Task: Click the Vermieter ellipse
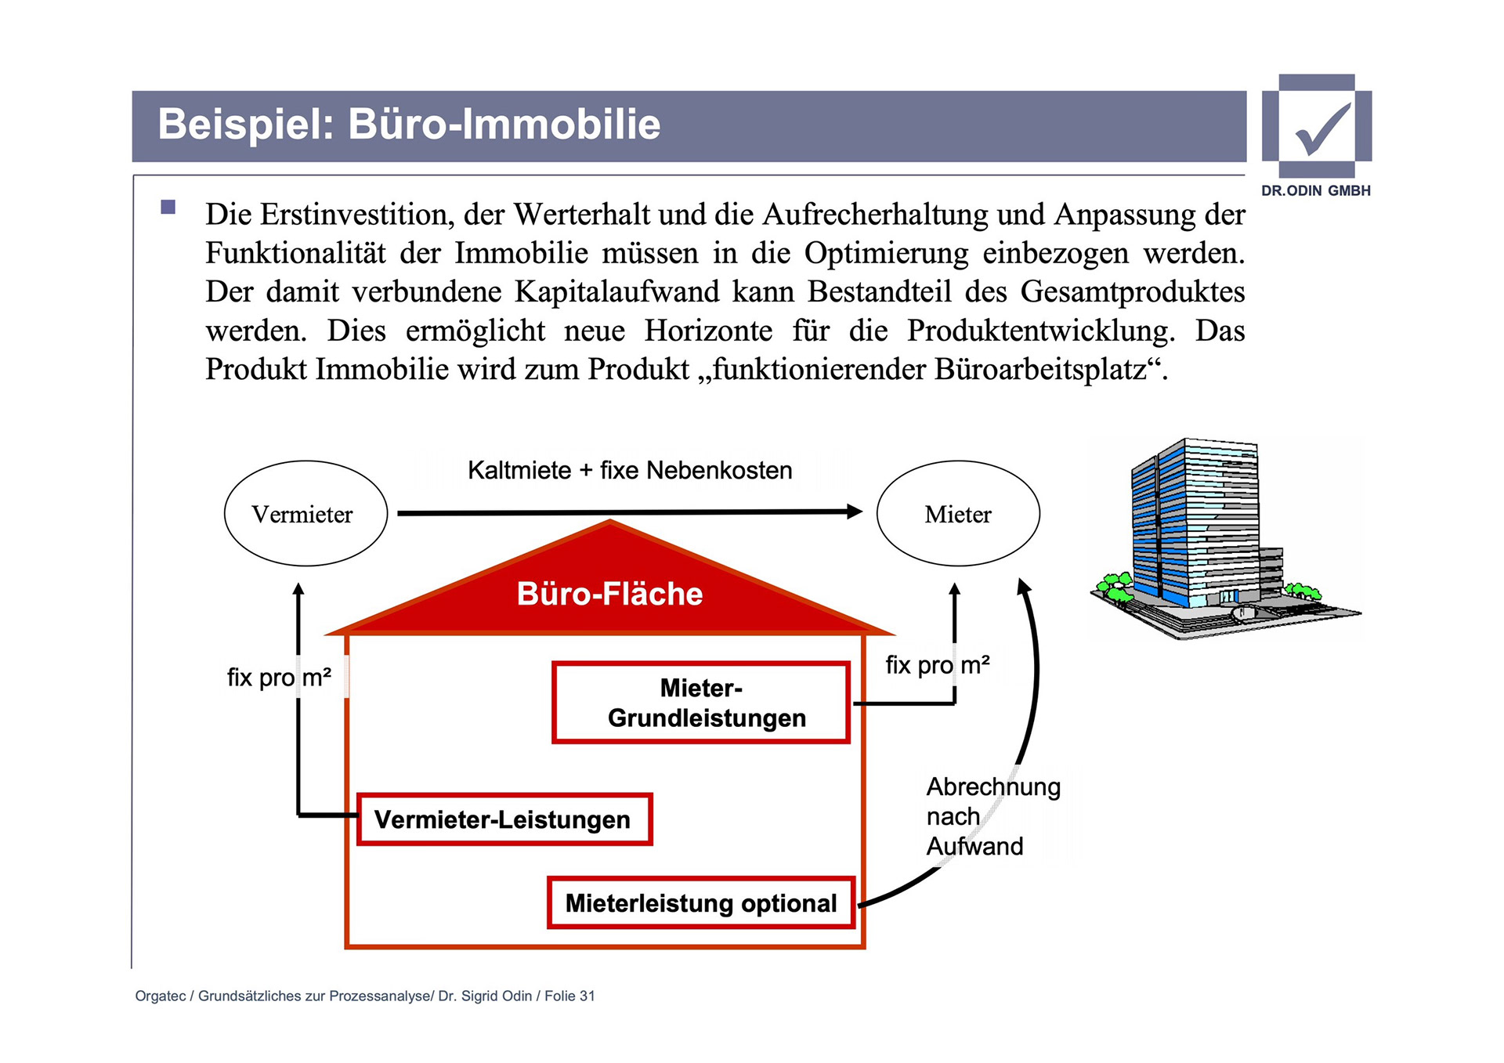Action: pos(305,514)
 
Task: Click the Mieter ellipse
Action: pos(957,514)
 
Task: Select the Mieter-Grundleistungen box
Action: pos(701,703)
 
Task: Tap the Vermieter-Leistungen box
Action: pos(504,819)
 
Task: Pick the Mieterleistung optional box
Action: pos(701,903)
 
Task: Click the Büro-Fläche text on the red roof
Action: pos(609,594)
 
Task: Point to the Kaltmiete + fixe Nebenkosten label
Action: pos(630,470)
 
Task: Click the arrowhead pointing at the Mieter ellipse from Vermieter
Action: pos(855,512)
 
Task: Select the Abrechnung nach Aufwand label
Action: pos(992,816)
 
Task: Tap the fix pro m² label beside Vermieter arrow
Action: pos(279,677)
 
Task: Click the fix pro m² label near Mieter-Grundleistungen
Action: pos(937,665)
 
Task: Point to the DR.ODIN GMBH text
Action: pos(1316,190)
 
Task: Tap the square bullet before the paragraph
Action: pos(168,208)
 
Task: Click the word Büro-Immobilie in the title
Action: pos(504,125)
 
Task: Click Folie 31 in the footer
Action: pos(569,996)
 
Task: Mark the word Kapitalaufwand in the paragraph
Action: pos(616,291)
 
